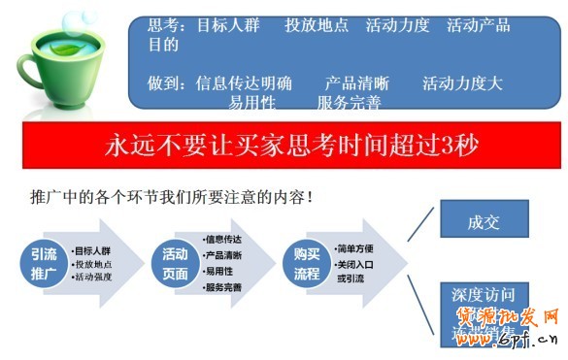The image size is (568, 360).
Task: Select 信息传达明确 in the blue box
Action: [244, 82]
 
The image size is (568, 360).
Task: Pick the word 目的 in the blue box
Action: [162, 45]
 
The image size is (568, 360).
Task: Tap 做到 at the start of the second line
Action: [162, 82]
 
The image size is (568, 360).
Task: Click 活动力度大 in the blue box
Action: [462, 82]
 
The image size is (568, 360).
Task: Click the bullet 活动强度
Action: [96, 278]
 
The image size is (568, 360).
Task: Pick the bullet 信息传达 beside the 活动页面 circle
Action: [223, 239]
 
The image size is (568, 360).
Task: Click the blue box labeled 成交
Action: [483, 221]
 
